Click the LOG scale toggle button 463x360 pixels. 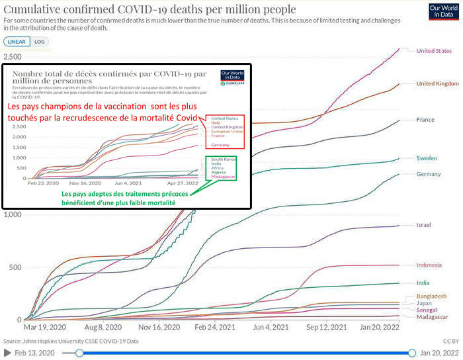(x=39, y=41)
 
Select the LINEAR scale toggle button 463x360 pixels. (x=17, y=41)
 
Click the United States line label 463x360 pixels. (x=434, y=51)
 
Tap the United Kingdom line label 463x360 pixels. (x=437, y=83)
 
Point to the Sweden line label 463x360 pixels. (x=427, y=158)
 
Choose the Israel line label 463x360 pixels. (x=423, y=225)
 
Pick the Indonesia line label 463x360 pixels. (x=429, y=265)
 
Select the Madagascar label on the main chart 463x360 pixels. (x=432, y=318)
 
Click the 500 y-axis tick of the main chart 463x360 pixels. (x=15, y=267)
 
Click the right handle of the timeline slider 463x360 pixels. (x=413, y=353)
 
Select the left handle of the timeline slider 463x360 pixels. (x=80, y=353)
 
